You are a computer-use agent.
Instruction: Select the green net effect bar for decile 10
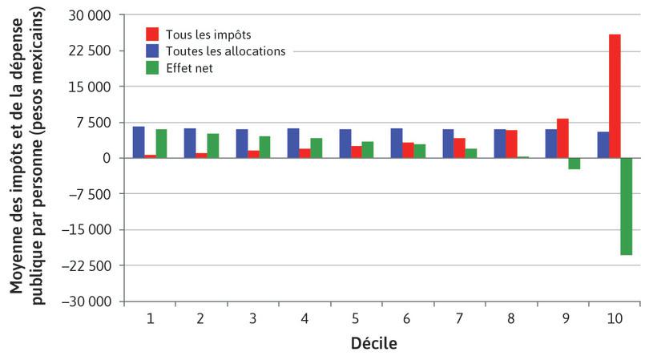coord(626,206)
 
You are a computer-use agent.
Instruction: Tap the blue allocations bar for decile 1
coord(139,142)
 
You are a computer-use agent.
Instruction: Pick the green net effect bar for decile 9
coord(574,164)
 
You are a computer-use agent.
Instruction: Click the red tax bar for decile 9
coord(562,139)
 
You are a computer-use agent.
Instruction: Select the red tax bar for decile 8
coord(511,144)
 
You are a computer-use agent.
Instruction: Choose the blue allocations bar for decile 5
coord(345,144)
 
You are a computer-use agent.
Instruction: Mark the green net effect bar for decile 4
coord(316,148)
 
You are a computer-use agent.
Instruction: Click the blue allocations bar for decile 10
coord(603,145)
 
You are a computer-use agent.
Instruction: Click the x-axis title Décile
coord(373,344)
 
